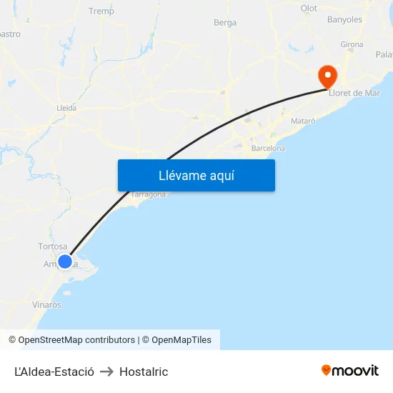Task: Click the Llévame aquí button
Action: (196, 175)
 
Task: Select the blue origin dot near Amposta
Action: (65, 262)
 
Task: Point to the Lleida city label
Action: (66, 108)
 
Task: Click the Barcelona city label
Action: (268, 149)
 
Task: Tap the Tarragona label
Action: (149, 194)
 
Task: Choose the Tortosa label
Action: (53, 247)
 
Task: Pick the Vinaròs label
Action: (46, 304)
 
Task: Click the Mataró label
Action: (303, 121)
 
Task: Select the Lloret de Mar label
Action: (354, 93)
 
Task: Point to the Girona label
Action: (352, 44)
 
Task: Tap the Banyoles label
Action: (344, 20)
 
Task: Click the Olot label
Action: (309, 9)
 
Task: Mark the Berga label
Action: (225, 23)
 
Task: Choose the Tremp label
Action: (101, 11)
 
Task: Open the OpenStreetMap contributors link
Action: (76, 340)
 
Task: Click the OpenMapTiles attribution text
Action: (181, 340)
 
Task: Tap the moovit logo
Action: (350, 370)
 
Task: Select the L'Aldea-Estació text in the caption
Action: (54, 372)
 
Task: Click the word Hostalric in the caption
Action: (144, 372)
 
